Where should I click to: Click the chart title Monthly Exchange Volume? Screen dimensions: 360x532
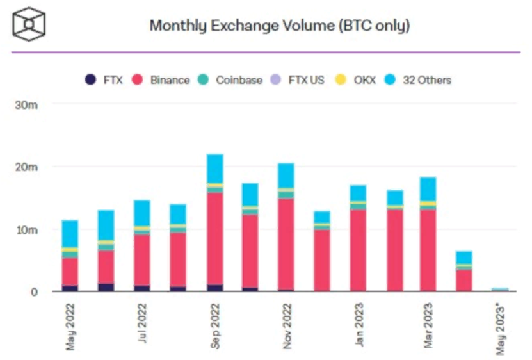pyautogui.click(x=279, y=26)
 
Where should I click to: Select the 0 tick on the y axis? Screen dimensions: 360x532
pyautogui.click(x=36, y=292)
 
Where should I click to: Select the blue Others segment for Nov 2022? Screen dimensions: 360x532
pyautogui.click(x=286, y=176)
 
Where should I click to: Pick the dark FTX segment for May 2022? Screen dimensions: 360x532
pyautogui.click(x=70, y=288)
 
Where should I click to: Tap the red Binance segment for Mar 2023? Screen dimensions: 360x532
pyautogui.click(x=428, y=250)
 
